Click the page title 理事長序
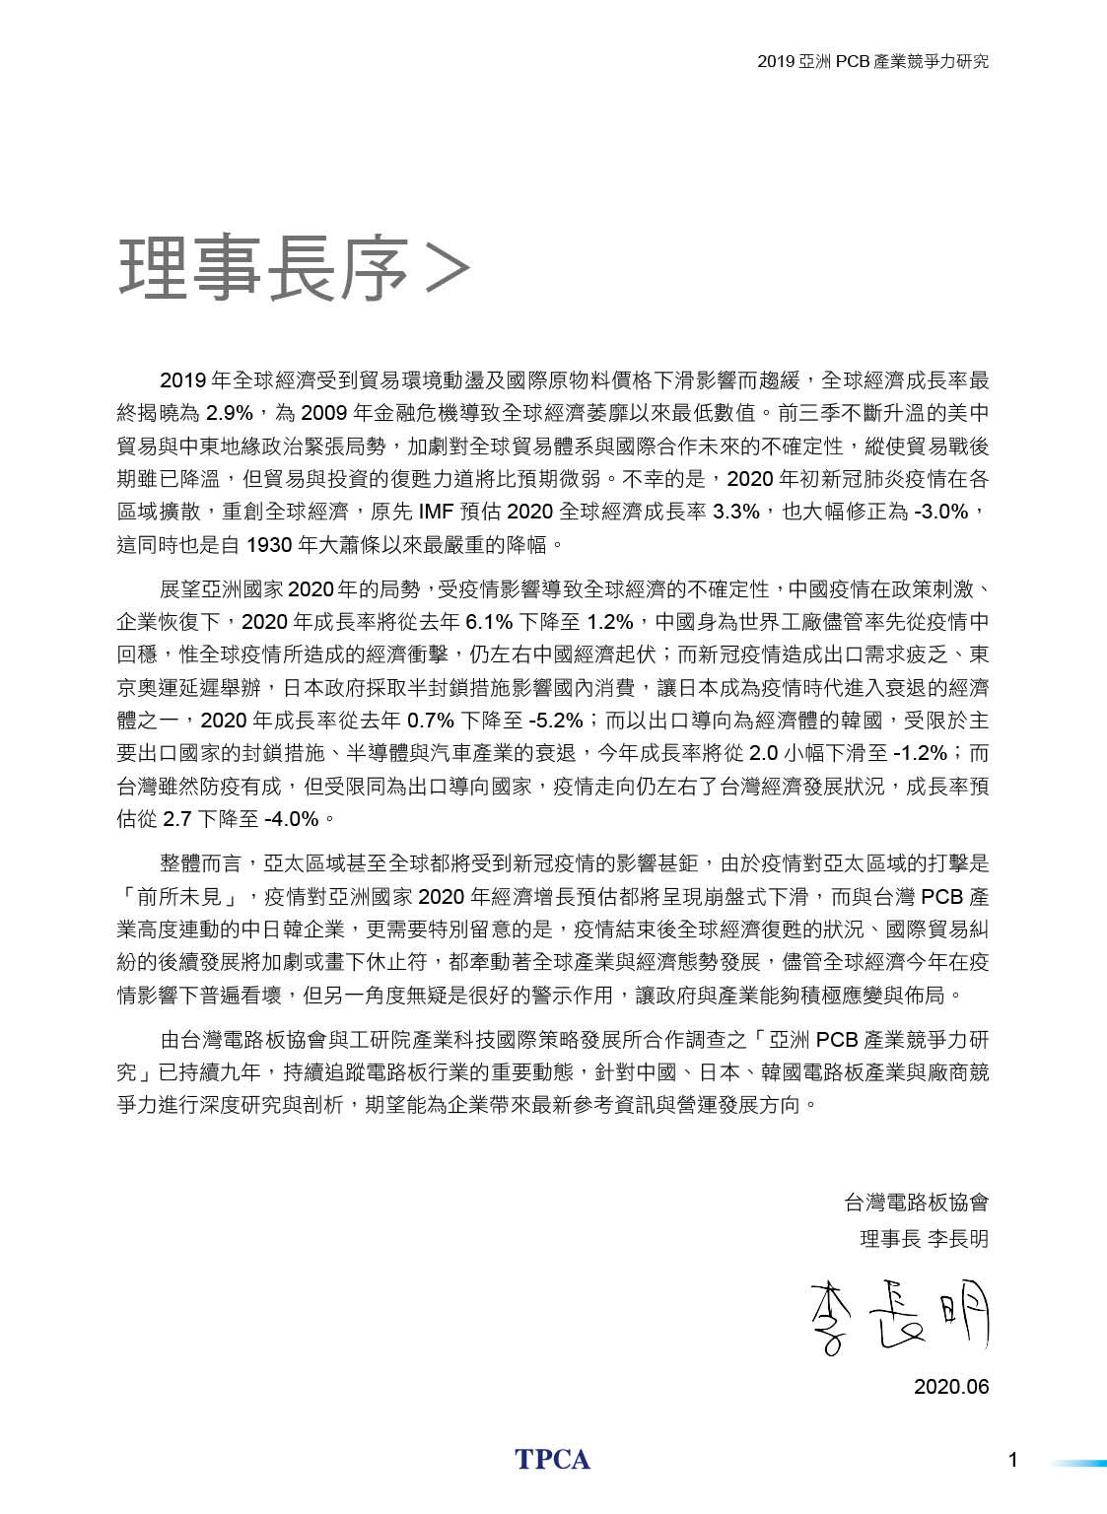(x=263, y=267)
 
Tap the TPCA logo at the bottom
(x=552, y=1460)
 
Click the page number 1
(x=1012, y=1461)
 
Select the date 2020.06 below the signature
(x=950, y=1387)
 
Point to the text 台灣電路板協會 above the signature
(x=916, y=1203)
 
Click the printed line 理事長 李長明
(x=924, y=1239)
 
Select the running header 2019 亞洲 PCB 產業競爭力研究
(x=872, y=61)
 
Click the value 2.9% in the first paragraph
(x=229, y=413)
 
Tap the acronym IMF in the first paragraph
(x=436, y=512)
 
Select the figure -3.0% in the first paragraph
(x=940, y=512)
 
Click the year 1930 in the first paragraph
(x=268, y=544)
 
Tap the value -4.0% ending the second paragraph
(x=292, y=819)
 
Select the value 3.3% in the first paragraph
(x=736, y=512)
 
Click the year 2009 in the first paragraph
(x=323, y=413)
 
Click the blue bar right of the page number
(x=1077, y=1463)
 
